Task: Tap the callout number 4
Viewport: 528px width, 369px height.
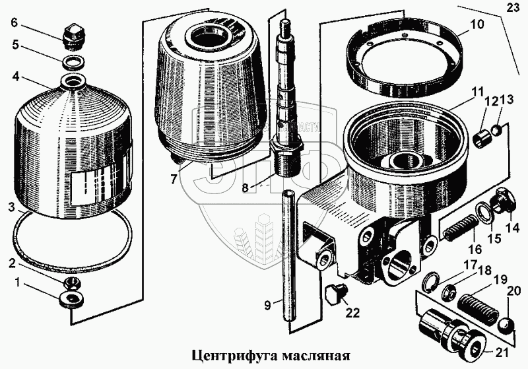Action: pos(13,77)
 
